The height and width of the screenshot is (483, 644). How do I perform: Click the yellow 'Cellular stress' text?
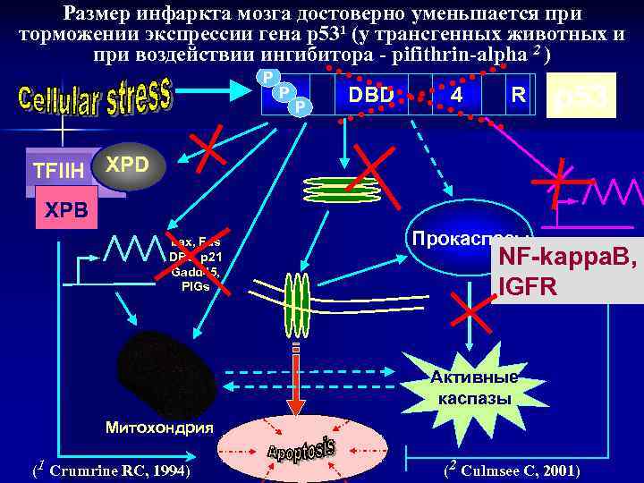tap(94, 104)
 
